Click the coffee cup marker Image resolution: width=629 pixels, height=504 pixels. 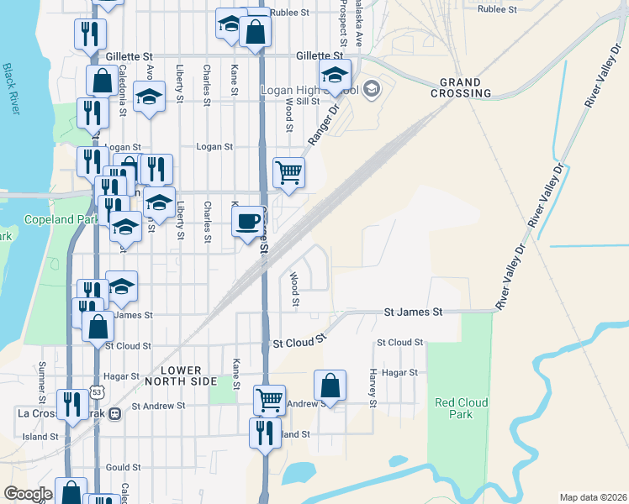tap(246, 223)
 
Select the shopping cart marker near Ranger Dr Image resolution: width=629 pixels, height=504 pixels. tap(288, 173)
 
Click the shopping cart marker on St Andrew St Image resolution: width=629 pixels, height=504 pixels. tap(269, 400)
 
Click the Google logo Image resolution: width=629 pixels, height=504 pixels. tap(29, 494)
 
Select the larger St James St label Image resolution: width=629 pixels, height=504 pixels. tap(413, 312)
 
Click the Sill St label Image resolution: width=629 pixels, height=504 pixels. tap(309, 101)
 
